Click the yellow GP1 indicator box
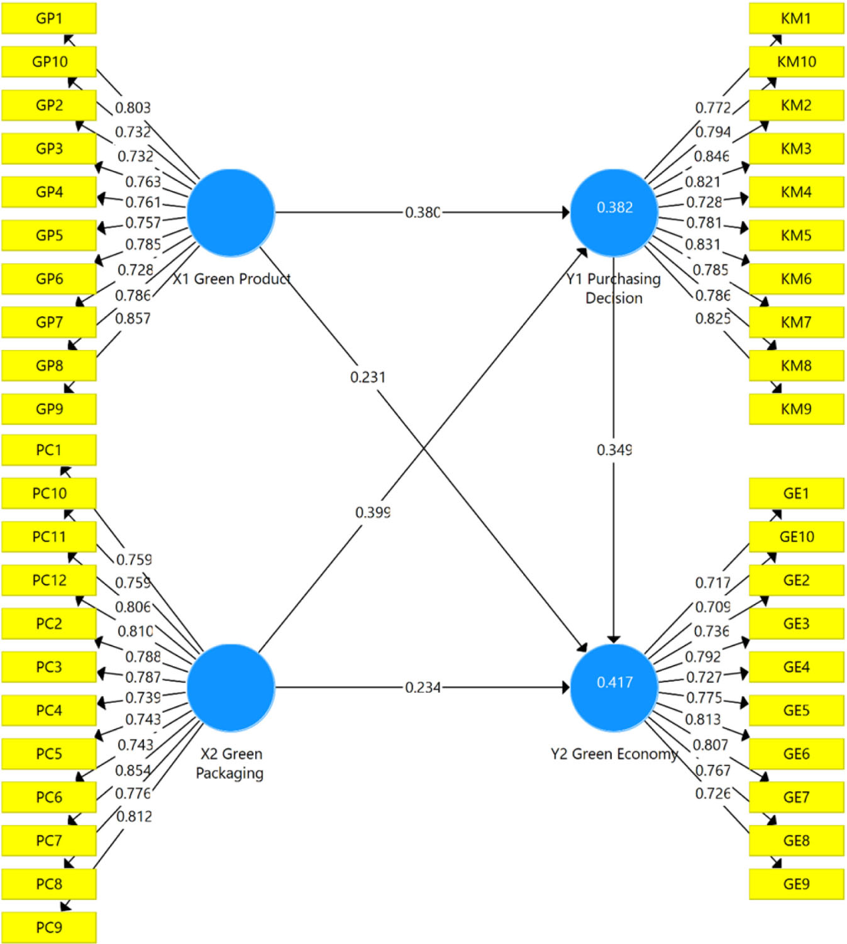[49, 18]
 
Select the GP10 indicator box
[49, 62]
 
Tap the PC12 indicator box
[49, 580]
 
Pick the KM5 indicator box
[796, 235]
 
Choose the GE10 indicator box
[796, 537]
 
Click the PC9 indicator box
[49, 927]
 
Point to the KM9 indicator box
[796, 409]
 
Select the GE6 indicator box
[796, 754]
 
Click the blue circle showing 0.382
[614, 212]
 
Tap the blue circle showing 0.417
[614, 688]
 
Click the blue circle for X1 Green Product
[231, 212]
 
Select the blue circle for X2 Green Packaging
[231, 688]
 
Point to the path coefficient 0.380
[423, 212]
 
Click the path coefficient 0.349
[614, 450]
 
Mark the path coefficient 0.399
[373, 513]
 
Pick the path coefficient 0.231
[368, 377]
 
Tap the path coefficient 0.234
[423, 688]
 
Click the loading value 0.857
[133, 319]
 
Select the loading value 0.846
[712, 156]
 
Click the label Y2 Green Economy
[614, 754]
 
